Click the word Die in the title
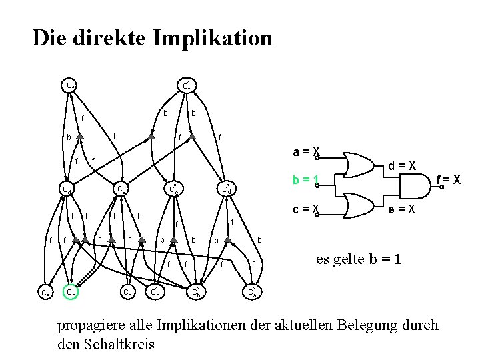coord(49,37)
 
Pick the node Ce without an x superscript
coord(122,189)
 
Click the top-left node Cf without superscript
coord(70,85)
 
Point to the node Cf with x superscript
coord(188,85)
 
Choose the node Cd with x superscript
coord(227,189)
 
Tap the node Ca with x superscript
coord(251,291)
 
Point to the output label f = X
coord(447,179)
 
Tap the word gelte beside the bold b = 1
coord(345,259)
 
